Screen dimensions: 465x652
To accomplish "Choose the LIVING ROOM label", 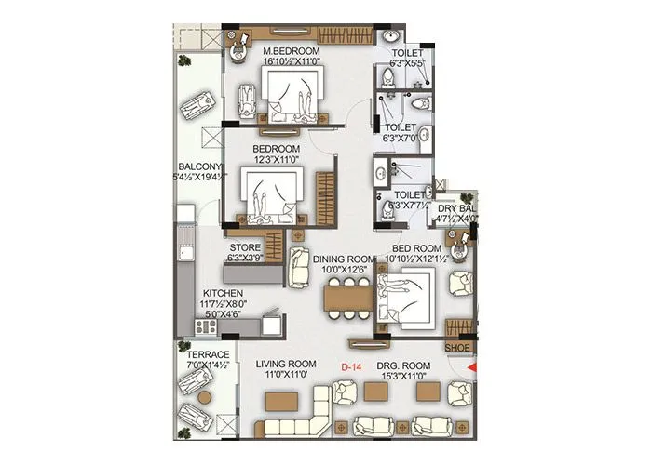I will pos(286,364).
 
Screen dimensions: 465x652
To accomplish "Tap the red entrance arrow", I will pos(470,370).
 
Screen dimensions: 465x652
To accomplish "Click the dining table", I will pos(338,299).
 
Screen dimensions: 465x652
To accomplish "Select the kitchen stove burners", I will pos(205,327).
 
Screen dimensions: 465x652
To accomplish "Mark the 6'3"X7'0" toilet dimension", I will pos(402,138).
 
